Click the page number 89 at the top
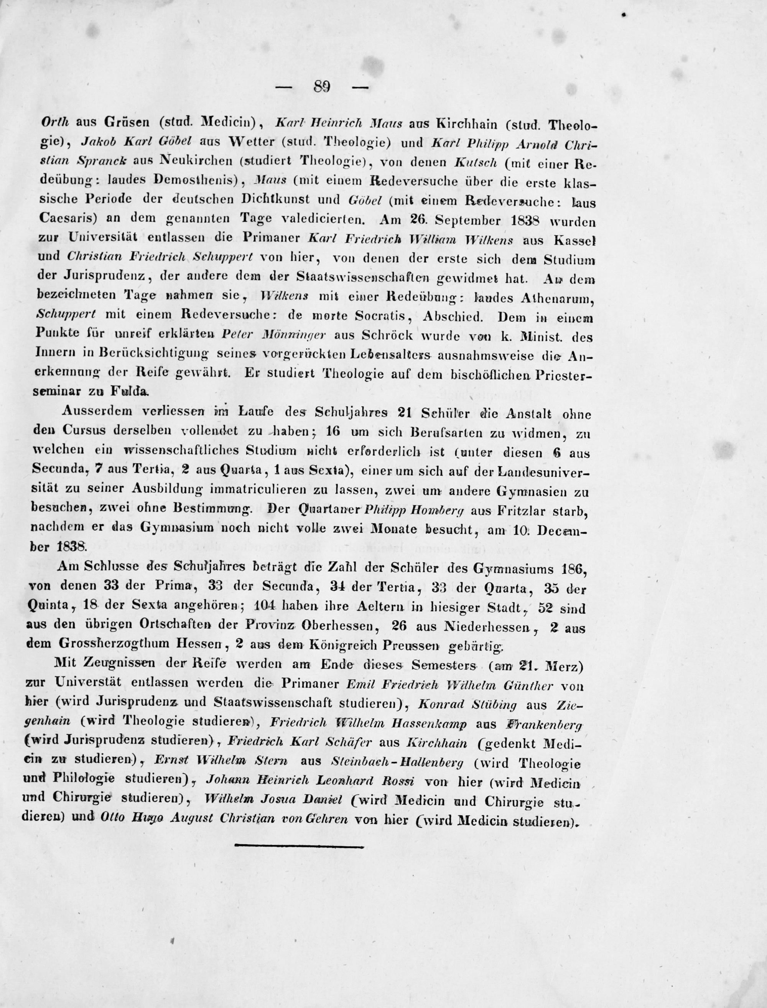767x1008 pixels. tap(322, 87)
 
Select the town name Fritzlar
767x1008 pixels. tap(518, 511)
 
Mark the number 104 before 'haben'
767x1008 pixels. tap(263, 607)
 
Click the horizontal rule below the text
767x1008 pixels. tap(299, 846)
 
